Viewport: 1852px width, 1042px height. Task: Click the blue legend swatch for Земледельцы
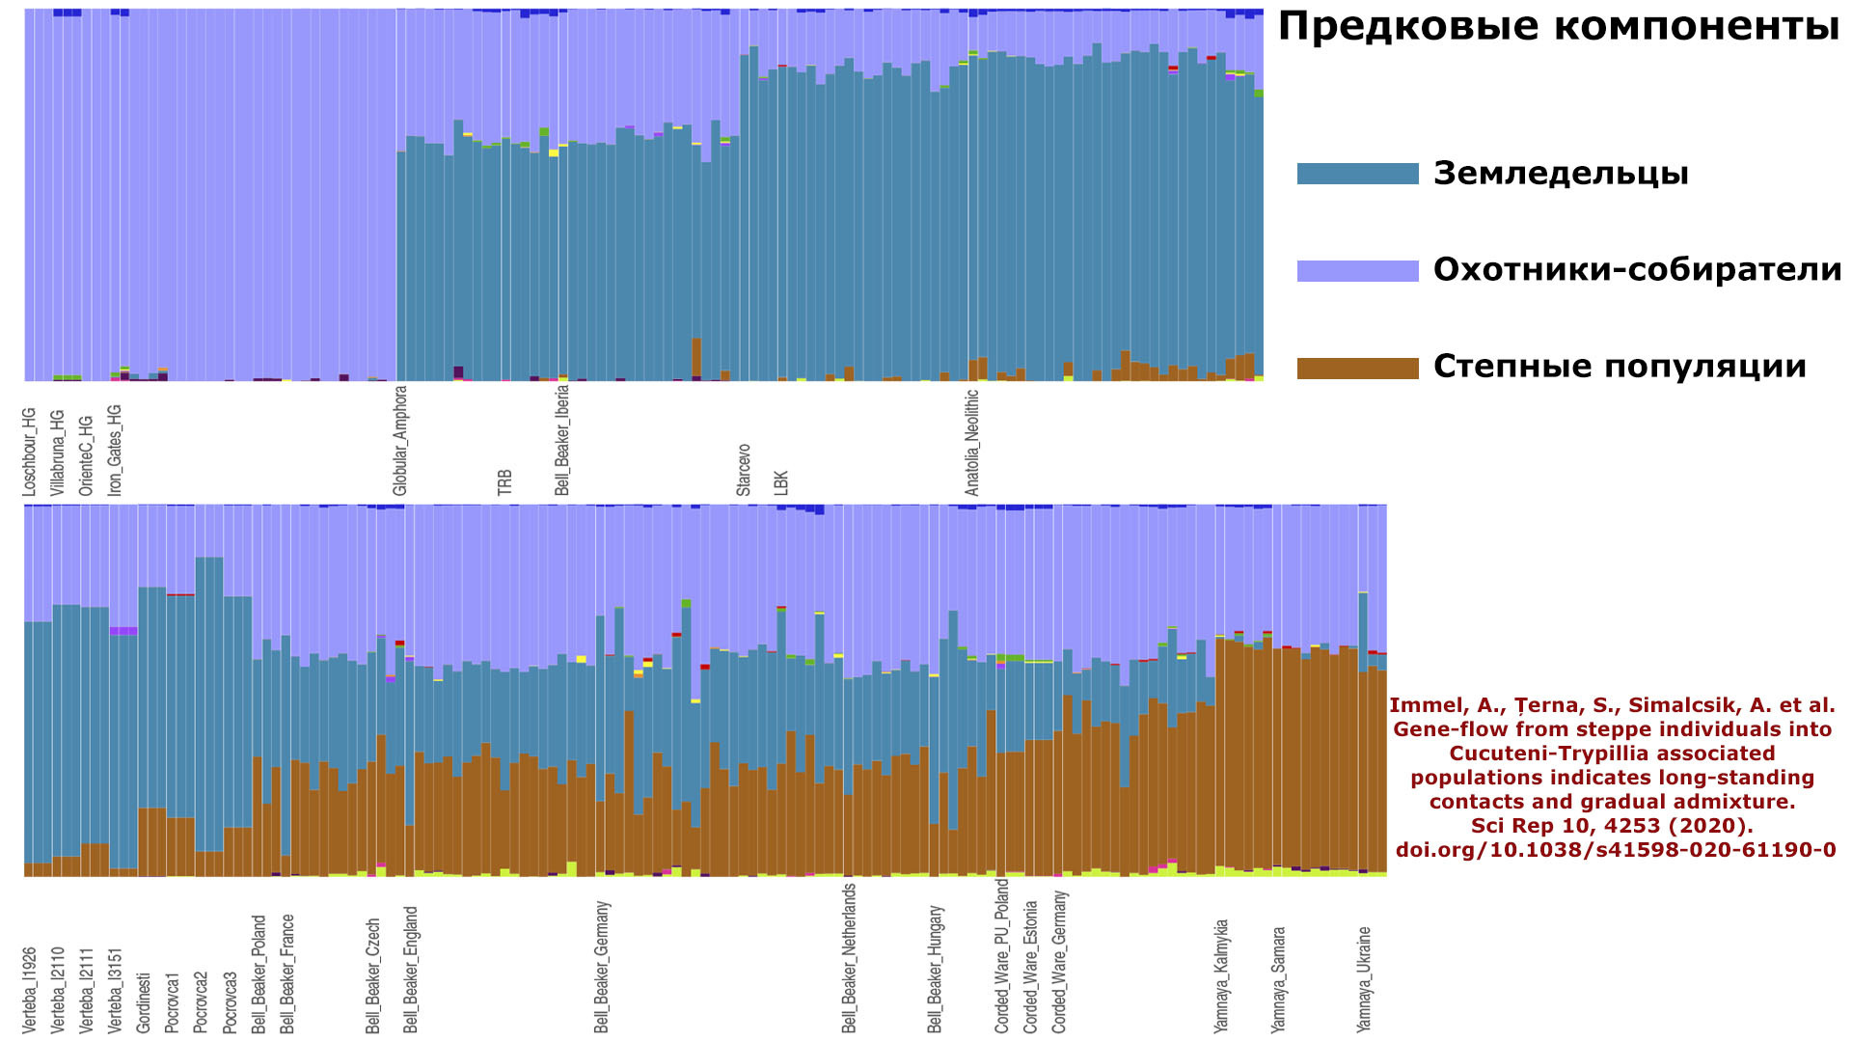pyautogui.click(x=1357, y=174)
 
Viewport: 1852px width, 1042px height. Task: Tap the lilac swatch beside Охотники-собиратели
pyautogui.click(x=1357, y=270)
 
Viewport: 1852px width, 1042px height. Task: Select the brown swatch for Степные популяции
pyautogui.click(x=1357, y=368)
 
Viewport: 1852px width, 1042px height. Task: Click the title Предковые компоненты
pyautogui.click(x=1558, y=27)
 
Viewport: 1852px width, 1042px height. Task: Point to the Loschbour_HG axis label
pyautogui.click(x=29, y=452)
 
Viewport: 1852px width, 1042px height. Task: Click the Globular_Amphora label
pyautogui.click(x=400, y=441)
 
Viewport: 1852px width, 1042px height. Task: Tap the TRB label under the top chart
pyautogui.click(x=504, y=482)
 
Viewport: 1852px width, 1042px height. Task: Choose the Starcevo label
pyautogui.click(x=744, y=470)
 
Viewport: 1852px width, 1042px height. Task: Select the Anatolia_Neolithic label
pyautogui.click(x=972, y=443)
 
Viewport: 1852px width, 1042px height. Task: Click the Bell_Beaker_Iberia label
pyautogui.click(x=562, y=440)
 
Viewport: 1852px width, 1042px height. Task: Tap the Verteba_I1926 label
pyautogui.click(x=29, y=990)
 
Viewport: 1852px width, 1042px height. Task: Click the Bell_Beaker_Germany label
pyautogui.click(x=602, y=967)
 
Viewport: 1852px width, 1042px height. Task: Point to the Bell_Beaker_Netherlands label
pyautogui.click(x=849, y=958)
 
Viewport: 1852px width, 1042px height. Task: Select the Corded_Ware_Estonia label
pyautogui.click(x=1031, y=967)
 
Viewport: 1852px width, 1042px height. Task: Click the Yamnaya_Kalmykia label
pyautogui.click(x=1221, y=976)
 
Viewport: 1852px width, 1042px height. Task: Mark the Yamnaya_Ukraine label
pyautogui.click(x=1364, y=979)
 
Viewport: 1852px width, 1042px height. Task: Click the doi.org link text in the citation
pyautogui.click(x=1615, y=850)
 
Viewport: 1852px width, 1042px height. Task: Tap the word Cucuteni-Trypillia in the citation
pyautogui.click(x=1612, y=754)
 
